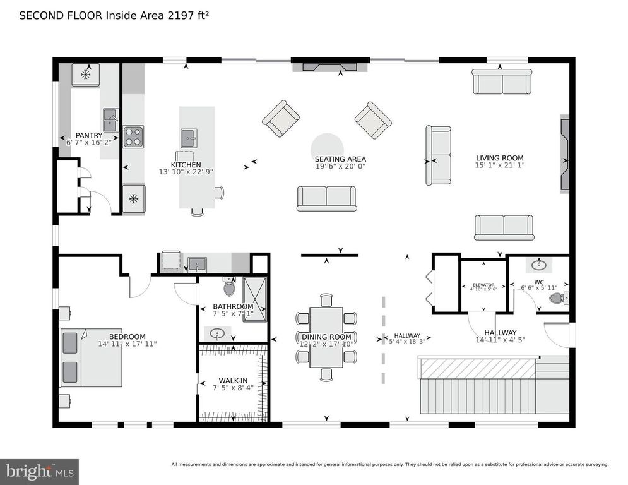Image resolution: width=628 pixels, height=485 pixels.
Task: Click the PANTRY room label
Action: (x=89, y=135)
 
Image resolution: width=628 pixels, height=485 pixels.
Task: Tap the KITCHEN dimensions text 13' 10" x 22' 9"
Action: (x=182, y=172)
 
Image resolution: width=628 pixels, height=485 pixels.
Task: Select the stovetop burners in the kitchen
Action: (x=133, y=136)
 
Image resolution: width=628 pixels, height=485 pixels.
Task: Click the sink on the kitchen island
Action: (x=189, y=136)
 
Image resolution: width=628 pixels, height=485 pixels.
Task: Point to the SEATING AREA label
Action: (x=340, y=159)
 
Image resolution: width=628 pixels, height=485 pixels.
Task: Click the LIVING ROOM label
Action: (x=499, y=158)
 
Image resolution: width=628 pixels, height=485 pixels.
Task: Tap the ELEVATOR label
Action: (x=482, y=285)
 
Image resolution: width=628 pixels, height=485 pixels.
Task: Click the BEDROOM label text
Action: (x=127, y=337)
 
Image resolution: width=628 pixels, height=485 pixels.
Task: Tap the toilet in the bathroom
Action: (x=228, y=288)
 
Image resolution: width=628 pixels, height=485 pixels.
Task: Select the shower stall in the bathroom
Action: (x=255, y=298)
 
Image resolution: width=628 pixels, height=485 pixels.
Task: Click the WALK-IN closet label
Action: (x=232, y=381)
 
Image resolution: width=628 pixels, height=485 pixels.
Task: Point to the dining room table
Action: (x=326, y=337)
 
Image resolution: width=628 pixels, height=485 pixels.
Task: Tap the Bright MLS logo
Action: (x=39, y=470)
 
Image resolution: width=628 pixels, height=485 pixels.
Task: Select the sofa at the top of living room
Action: (x=502, y=81)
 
